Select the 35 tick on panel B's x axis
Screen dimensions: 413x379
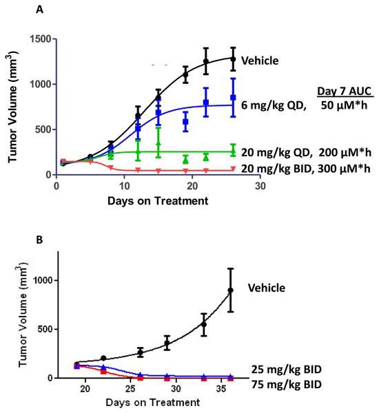click(227, 390)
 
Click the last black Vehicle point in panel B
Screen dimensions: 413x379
click(231, 290)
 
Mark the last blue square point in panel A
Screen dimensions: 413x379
click(232, 98)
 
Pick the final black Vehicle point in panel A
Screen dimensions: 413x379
click(232, 59)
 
